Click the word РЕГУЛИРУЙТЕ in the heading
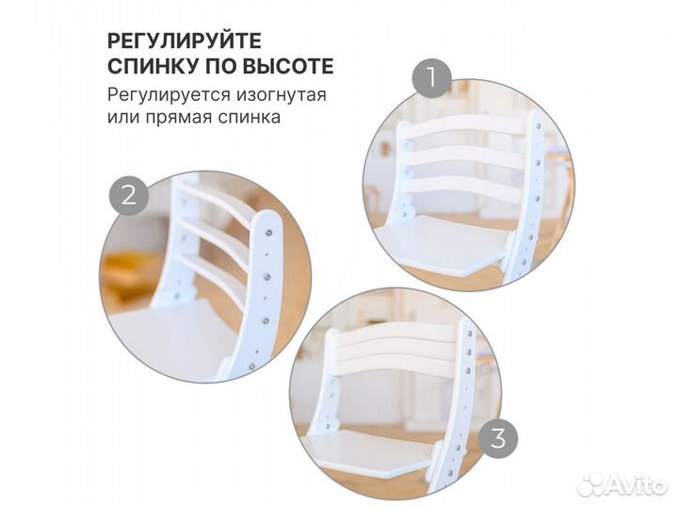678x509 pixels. coord(184,41)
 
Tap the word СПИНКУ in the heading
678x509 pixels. coord(151,67)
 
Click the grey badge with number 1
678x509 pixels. coord(433,78)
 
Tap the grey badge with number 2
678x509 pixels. coord(130,195)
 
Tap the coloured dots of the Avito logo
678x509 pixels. coord(591,484)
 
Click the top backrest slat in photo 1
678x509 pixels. coord(466,126)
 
